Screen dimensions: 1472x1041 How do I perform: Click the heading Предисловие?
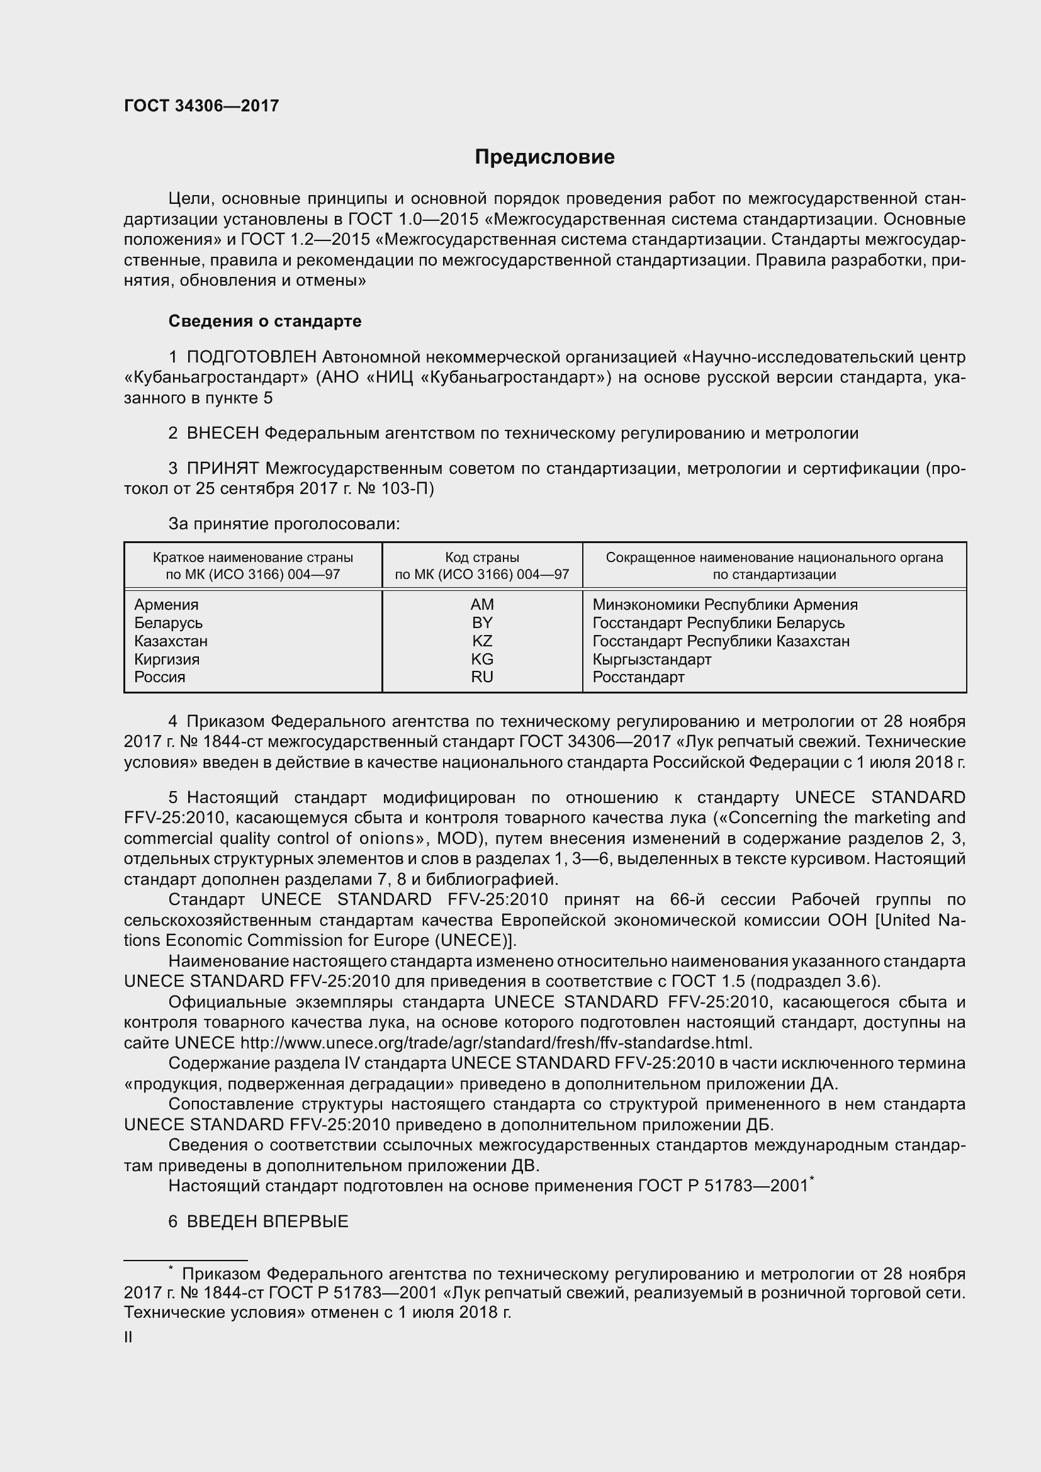coord(544,157)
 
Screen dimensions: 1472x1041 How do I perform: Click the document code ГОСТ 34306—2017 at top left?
coord(201,106)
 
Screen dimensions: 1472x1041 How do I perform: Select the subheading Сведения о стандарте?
coord(265,321)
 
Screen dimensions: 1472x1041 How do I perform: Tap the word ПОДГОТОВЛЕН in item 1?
coord(251,356)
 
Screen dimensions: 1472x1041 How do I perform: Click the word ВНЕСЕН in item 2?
coord(222,434)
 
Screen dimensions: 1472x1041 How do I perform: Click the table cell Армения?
coord(166,605)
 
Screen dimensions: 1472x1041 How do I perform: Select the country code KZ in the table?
coord(482,641)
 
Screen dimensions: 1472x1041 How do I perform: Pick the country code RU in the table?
coord(482,677)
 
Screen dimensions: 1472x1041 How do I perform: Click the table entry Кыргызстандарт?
coord(651,659)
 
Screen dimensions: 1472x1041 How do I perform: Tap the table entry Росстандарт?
coord(638,677)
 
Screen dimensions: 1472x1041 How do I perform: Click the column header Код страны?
coord(482,558)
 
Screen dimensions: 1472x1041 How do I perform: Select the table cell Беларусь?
coord(168,622)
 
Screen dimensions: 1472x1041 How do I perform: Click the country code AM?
coord(482,605)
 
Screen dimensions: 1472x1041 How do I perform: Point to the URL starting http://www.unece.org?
coord(495,1043)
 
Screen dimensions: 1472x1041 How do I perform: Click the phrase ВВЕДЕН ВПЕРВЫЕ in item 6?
coord(267,1222)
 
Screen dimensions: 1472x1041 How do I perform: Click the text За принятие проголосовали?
coord(284,524)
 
